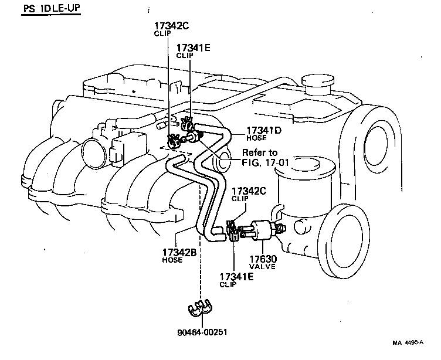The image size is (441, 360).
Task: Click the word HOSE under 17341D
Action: [256, 138]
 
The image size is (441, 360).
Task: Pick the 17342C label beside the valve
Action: [249, 191]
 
